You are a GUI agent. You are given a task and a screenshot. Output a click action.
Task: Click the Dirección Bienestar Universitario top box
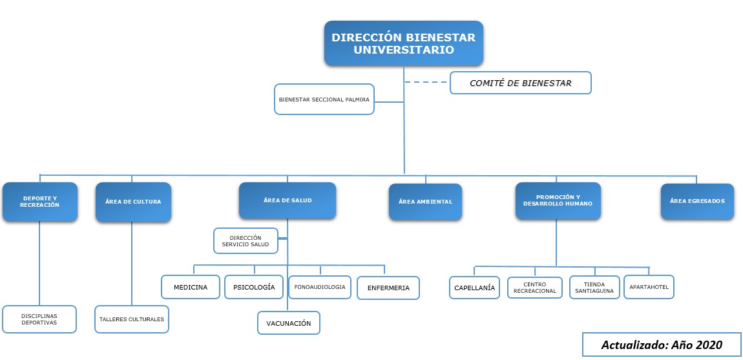click(x=403, y=43)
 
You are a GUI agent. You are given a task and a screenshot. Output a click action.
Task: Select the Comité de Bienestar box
click(x=520, y=83)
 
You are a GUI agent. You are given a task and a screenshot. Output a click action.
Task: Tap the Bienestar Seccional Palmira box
click(x=324, y=100)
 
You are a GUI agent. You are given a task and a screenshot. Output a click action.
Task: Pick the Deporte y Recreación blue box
click(x=39, y=202)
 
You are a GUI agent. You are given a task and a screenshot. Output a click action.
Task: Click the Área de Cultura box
click(x=133, y=202)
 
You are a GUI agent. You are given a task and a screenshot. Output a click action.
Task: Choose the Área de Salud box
click(x=288, y=200)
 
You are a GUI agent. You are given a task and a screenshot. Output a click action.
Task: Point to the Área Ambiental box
click(x=426, y=202)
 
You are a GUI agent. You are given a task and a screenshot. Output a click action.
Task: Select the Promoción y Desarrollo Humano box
click(x=558, y=201)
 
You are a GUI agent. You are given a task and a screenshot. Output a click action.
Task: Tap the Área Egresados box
click(x=697, y=201)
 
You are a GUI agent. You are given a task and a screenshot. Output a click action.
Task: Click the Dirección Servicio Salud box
click(x=246, y=240)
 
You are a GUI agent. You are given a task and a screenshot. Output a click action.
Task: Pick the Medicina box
click(x=191, y=287)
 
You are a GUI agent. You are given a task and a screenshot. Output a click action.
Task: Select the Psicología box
click(x=254, y=287)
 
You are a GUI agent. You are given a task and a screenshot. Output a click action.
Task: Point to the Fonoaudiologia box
click(x=320, y=287)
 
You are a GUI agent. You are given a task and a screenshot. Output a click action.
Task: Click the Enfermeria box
click(x=388, y=288)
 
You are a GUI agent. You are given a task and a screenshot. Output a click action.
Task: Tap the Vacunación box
click(x=289, y=323)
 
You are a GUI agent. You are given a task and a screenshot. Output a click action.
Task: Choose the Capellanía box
click(x=475, y=288)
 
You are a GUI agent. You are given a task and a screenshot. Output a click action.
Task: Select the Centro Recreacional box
click(x=534, y=288)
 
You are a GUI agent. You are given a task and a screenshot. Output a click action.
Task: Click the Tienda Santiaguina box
click(x=594, y=288)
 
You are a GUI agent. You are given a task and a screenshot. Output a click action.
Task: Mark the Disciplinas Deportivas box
click(x=39, y=319)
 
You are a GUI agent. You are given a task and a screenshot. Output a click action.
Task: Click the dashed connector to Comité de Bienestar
click(x=426, y=82)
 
